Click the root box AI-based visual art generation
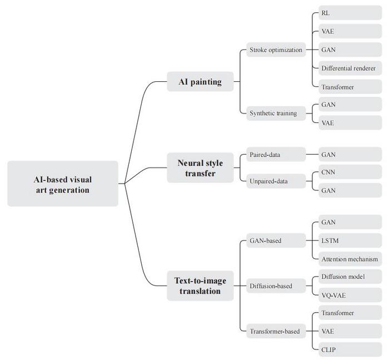point(63,184)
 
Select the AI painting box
point(200,82)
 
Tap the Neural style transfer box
point(200,167)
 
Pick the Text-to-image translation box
point(200,285)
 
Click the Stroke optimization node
point(276,50)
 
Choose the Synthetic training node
point(273,114)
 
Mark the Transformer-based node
point(274,332)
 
